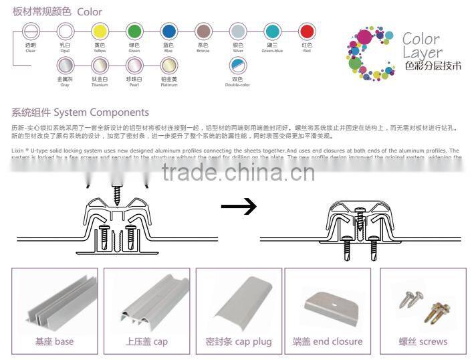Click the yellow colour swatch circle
coord(99,31)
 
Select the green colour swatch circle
coord(134,31)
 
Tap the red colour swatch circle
coord(306,31)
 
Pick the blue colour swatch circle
coord(169,31)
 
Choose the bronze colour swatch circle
coord(203,31)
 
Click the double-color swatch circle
coord(237,65)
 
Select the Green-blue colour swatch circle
coord(271,31)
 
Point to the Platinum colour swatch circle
coord(169,65)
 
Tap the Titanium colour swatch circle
coord(99,65)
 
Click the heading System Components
coord(80,112)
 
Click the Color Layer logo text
coord(422,46)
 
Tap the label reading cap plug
coord(239,342)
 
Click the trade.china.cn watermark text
coord(237,155)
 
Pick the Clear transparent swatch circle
coord(31,31)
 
